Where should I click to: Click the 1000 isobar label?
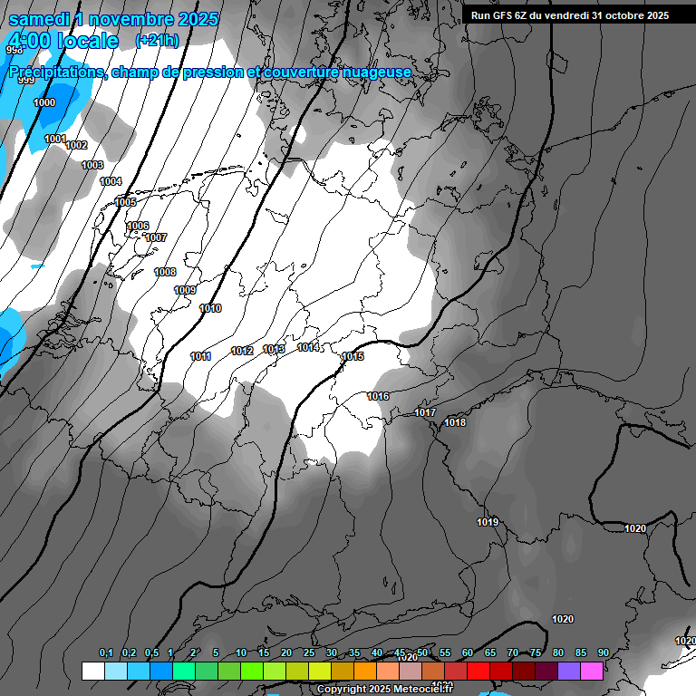pyautogui.click(x=43, y=102)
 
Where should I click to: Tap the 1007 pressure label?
pyautogui.click(x=156, y=237)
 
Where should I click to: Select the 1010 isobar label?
pyautogui.click(x=210, y=309)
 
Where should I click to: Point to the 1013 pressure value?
pyautogui.click(x=274, y=349)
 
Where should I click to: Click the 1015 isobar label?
pyautogui.click(x=353, y=357)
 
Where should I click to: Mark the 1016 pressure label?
pyautogui.click(x=378, y=396)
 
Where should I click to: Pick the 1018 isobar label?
pyautogui.click(x=455, y=422)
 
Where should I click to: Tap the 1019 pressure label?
pyautogui.click(x=488, y=522)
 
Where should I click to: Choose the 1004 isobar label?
pyautogui.click(x=111, y=182)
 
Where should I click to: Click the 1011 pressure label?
pyautogui.click(x=200, y=356)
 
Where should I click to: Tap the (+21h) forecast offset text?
pyautogui.click(x=157, y=41)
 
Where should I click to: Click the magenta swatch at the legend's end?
pyautogui.click(x=592, y=671)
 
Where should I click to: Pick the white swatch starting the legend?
pyautogui.click(x=92, y=671)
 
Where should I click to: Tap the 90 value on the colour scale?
pyautogui.click(x=603, y=653)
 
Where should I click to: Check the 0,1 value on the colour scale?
pyautogui.click(x=106, y=653)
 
